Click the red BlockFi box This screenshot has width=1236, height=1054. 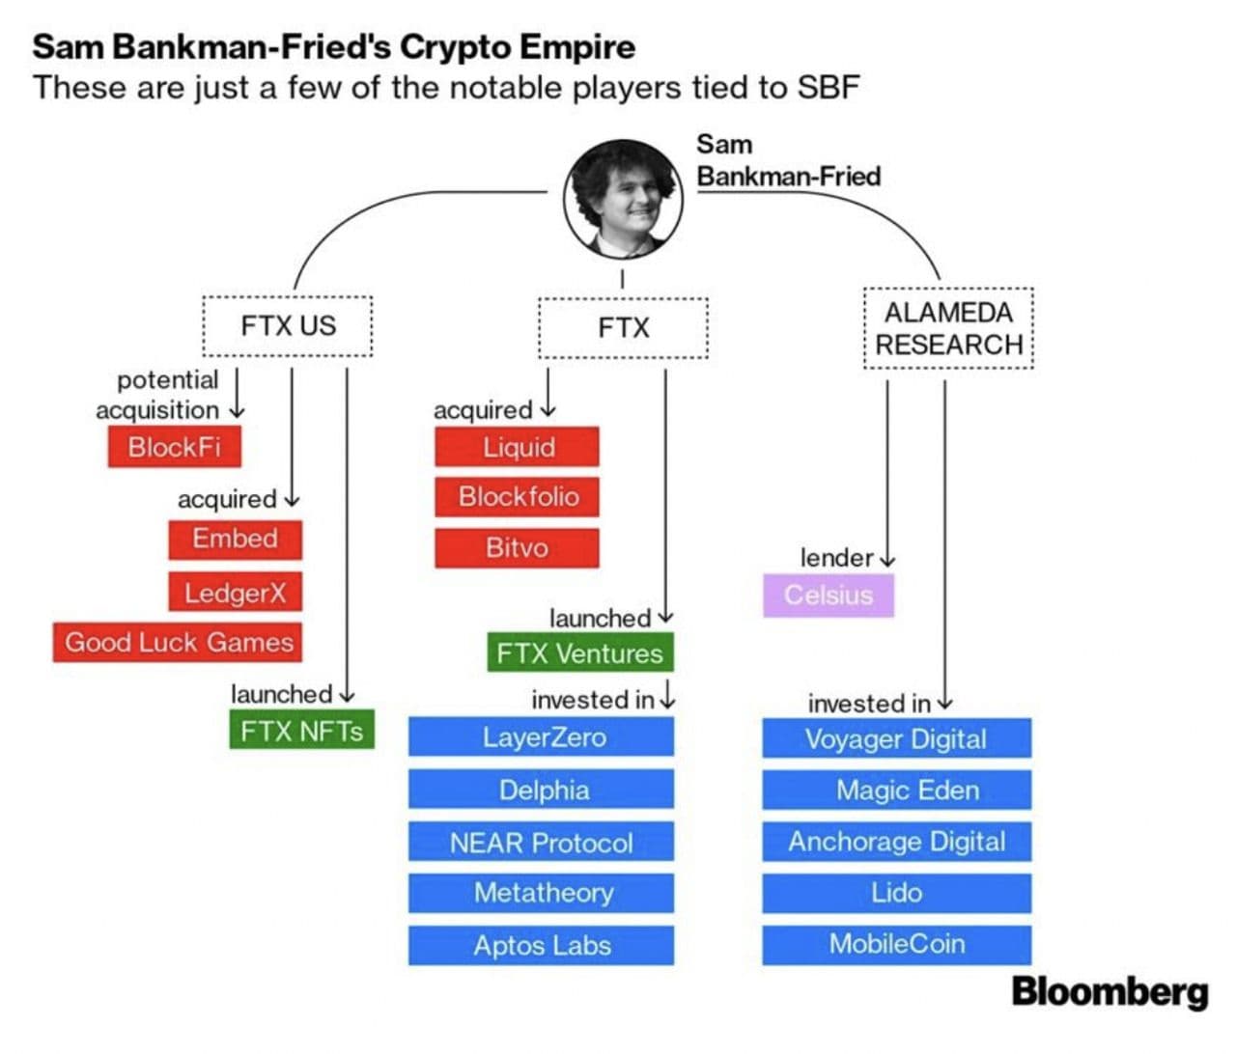[x=174, y=447]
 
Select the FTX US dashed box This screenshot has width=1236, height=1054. [x=288, y=326]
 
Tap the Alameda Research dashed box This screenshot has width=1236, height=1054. [x=948, y=328]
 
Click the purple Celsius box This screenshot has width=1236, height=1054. [x=828, y=595]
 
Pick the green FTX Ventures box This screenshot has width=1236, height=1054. [x=579, y=652]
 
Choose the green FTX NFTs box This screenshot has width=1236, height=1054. [x=301, y=731]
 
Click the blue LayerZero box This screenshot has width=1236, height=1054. [x=541, y=737]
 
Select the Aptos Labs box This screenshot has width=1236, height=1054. [x=541, y=945]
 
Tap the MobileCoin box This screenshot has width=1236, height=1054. [x=896, y=944]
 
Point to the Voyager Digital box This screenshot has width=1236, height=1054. [x=896, y=739]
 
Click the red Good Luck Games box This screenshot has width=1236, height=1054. [x=178, y=642]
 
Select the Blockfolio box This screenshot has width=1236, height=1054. [x=517, y=496]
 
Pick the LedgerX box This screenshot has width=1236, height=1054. [x=235, y=592]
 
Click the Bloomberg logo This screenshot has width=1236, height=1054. [x=1110, y=991]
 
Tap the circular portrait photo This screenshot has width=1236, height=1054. [x=623, y=199]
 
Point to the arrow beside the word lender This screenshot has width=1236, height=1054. [x=887, y=559]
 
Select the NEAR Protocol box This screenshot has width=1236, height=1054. [x=541, y=842]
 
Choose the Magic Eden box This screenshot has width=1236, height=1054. [x=896, y=790]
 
